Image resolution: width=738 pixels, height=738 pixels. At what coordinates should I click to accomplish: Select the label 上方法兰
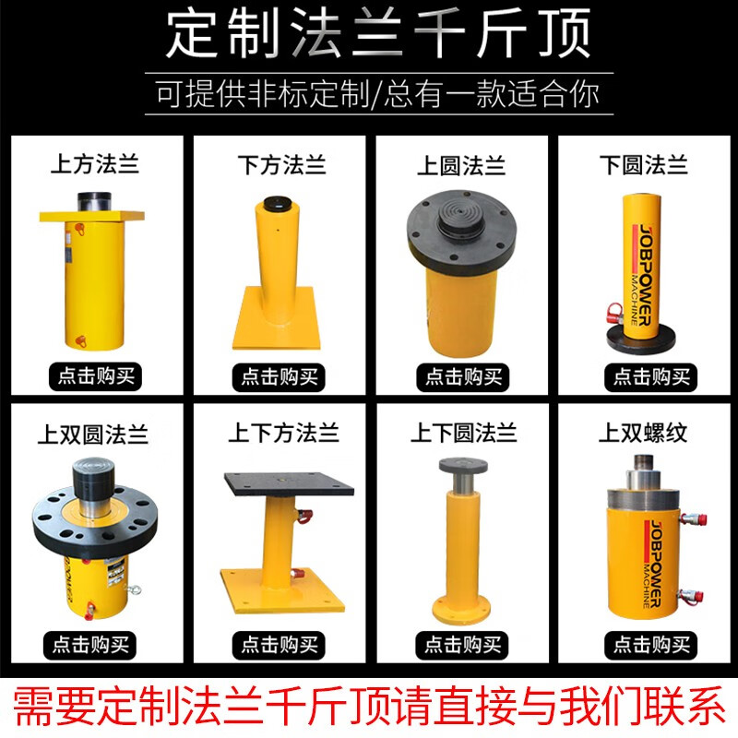94,166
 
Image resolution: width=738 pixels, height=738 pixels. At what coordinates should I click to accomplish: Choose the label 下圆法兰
643,166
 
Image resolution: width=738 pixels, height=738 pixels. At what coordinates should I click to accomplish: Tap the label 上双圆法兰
94,432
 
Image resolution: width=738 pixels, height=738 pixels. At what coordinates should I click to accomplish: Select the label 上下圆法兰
463,432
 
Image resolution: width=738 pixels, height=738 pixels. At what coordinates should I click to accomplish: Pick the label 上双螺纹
643,432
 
